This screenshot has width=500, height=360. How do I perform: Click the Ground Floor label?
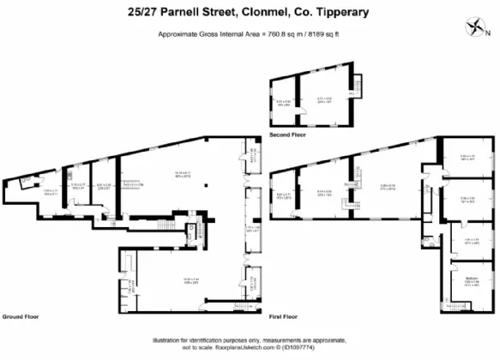[x=18, y=315]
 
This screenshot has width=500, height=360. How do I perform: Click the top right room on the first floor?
[x=468, y=157]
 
